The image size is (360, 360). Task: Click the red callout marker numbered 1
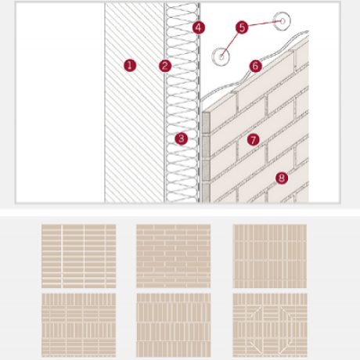[130, 66]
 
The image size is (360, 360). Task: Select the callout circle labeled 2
[164, 66]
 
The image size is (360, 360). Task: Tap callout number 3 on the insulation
[182, 139]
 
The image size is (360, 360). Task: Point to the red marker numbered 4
[198, 27]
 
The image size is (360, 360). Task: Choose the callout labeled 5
[242, 27]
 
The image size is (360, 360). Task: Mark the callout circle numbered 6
[255, 66]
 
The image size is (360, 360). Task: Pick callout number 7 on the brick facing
[252, 139]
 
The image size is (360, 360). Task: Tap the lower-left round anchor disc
[221, 55]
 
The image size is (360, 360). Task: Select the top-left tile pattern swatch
[78, 246]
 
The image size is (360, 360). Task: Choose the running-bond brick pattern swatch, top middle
[173, 246]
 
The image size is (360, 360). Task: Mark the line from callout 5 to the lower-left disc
[232, 41]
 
